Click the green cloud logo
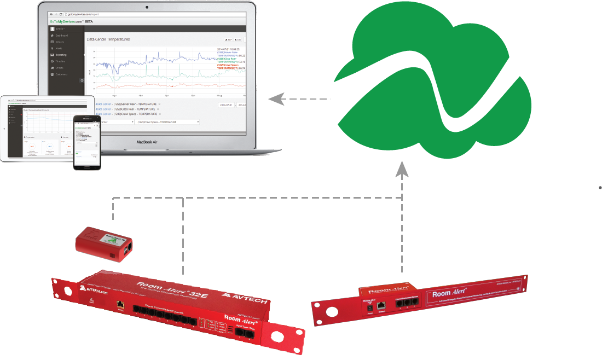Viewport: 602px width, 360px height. click(x=432, y=82)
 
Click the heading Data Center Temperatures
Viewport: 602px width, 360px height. click(x=108, y=39)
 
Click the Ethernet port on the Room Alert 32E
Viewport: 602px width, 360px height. click(x=119, y=303)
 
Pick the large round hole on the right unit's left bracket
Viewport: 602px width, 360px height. click(x=330, y=311)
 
